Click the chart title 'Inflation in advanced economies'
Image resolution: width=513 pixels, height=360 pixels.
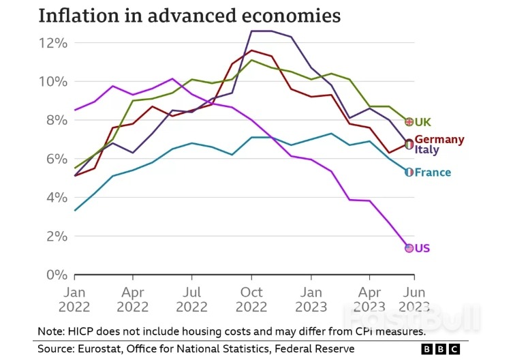coord(190,16)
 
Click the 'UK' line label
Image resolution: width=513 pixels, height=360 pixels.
coord(423,122)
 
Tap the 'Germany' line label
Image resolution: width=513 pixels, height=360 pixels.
coord(439,139)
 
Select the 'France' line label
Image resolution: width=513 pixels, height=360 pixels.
coord(433,172)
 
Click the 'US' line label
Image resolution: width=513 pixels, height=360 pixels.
coord(422,248)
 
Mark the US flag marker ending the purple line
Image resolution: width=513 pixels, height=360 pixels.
coord(409,248)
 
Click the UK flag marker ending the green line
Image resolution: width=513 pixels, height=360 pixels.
coord(409,122)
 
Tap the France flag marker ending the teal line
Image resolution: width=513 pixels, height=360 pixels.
coord(409,172)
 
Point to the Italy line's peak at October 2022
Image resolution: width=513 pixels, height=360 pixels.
coord(252,31)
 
